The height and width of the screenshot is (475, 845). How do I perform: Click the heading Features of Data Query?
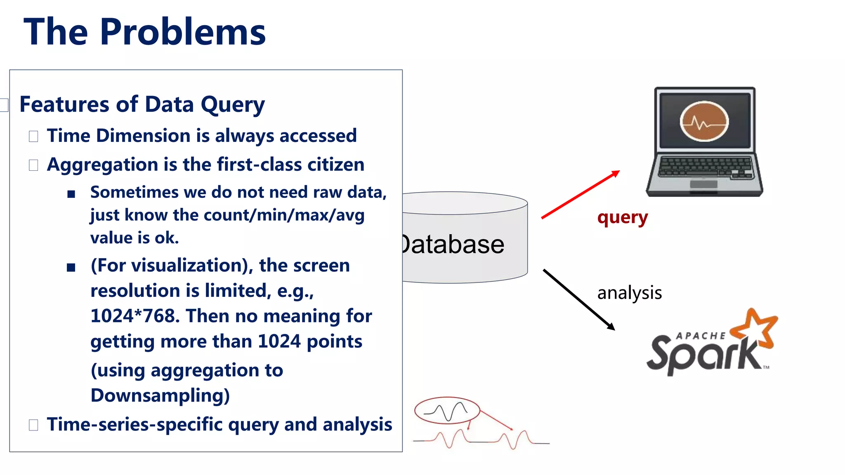142,104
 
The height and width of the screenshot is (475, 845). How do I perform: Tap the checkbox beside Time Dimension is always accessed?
33,136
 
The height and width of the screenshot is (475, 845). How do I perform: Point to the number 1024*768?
135,316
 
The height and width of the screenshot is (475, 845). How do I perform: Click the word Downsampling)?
160,395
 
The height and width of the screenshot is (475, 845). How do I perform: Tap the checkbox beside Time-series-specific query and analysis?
33,425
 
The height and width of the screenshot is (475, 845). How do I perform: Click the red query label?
622,217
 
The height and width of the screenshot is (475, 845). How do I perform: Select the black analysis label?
629,293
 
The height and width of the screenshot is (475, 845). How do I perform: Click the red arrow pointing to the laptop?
580,195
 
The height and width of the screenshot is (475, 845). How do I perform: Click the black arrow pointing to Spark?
578,299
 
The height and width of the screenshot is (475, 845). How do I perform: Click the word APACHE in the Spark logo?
700,336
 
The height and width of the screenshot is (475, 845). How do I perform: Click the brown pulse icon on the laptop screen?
704,122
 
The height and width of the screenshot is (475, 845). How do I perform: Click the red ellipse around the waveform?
447,410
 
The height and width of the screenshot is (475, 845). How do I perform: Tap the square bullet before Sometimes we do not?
71,194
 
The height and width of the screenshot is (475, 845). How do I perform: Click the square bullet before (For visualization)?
71,268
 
